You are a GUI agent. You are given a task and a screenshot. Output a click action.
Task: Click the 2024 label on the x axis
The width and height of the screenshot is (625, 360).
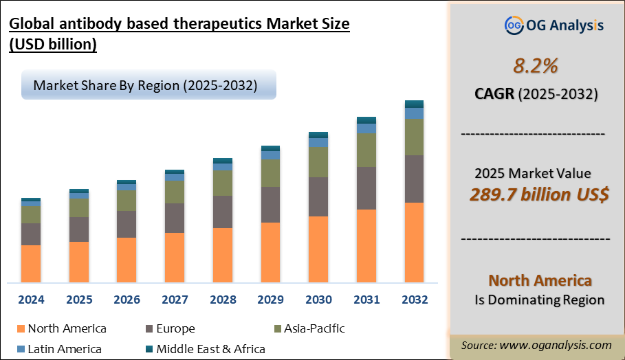tap(31, 300)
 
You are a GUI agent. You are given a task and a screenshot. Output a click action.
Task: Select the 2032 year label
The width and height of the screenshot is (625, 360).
tap(414, 300)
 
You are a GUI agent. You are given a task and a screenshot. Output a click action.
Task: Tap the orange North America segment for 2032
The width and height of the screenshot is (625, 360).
tap(414, 242)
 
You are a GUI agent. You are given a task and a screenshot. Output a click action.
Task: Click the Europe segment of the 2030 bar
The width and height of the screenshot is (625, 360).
tap(318, 196)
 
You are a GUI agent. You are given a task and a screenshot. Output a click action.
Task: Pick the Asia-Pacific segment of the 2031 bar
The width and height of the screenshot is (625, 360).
tap(366, 150)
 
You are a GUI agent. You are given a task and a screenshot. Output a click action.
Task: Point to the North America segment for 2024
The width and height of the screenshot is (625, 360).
tap(31, 263)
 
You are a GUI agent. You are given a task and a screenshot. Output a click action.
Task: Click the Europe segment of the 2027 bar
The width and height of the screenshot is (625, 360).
tap(175, 218)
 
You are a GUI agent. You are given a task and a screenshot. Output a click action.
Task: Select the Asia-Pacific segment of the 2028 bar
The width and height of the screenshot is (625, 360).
tap(223, 183)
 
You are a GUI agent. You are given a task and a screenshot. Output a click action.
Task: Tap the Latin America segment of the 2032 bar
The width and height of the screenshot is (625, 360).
tap(414, 113)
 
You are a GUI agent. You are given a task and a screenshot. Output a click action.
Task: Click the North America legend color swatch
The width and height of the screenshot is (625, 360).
tap(20, 329)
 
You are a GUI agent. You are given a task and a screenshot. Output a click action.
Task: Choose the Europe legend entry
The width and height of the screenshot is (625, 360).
tap(170, 329)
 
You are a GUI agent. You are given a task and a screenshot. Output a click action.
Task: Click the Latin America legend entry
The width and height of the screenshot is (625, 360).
tap(58, 349)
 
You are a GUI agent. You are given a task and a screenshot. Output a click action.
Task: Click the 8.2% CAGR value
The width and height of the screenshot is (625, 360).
tap(536, 66)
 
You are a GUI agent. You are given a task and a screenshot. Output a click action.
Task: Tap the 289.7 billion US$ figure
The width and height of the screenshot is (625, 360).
tap(539, 194)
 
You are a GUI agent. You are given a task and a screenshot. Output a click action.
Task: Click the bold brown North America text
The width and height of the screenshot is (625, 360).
tap(540, 280)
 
